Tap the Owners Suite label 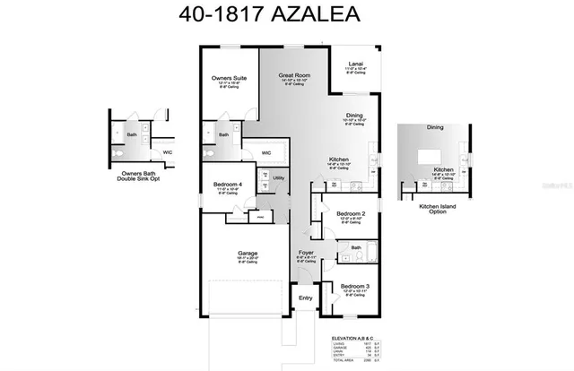point(229,79)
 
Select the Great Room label point(293,75)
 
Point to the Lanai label point(355,63)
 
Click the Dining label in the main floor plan point(355,116)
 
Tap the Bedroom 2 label point(351,213)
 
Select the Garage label point(248,253)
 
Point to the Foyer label point(305,253)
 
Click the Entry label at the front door point(306,298)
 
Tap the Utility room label point(279,178)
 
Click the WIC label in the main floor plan point(266,152)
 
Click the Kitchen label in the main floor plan point(339,159)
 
